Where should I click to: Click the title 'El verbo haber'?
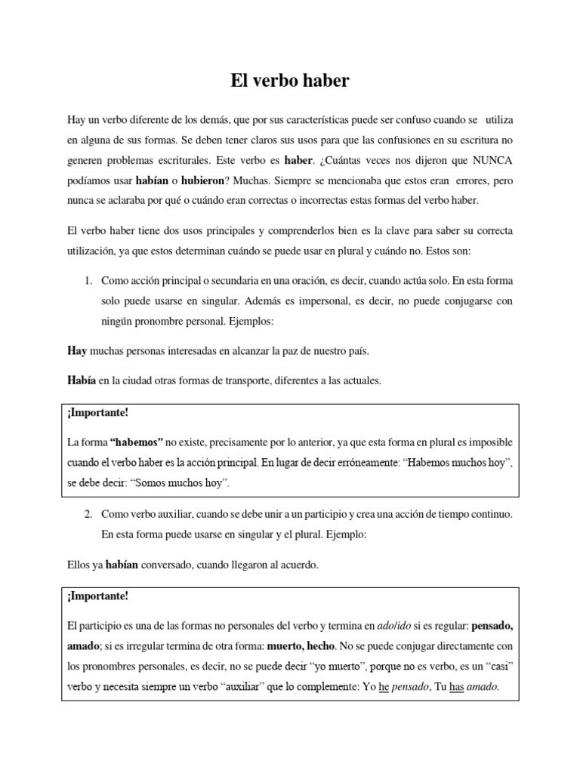click(290, 82)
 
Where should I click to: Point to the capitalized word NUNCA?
click(490, 160)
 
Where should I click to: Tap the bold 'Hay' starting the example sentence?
click(76, 352)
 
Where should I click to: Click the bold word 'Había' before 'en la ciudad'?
click(81, 380)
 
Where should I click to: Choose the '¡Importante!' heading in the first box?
click(97, 414)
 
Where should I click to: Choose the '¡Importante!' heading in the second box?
click(97, 596)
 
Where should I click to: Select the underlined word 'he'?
click(383, 687)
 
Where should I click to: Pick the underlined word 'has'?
click(456, 687)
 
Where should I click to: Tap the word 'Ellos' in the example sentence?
click(79, 563)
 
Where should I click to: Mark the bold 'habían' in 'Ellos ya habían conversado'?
click(122, 563)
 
